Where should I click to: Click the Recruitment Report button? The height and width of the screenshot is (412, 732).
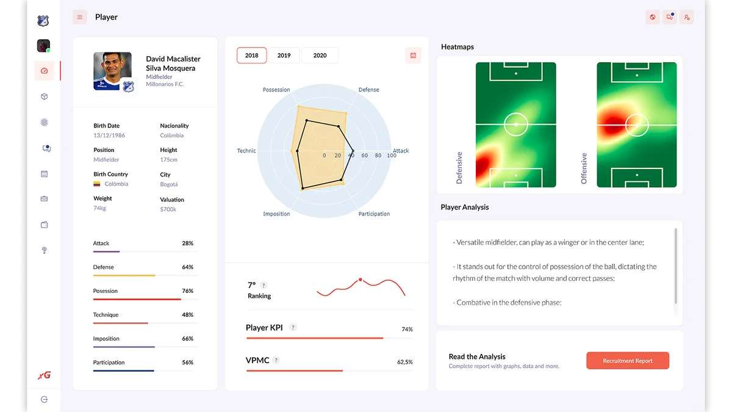(x=627, y=361)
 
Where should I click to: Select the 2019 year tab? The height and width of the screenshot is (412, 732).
(x=284, y=56)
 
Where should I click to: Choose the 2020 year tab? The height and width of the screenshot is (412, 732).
(x=320, y=56)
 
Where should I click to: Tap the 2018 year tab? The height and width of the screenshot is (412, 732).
(x=251, y=56)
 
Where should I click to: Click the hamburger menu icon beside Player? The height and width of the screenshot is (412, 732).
(x=79, y=17)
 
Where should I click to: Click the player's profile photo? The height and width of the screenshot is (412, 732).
(x=113, y=71)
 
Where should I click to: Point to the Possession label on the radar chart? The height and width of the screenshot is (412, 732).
(x=276, y=90)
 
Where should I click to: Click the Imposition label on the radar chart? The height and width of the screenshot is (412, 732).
(x=276, y=214)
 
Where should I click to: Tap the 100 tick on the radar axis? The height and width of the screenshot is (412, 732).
(x=392, y=156)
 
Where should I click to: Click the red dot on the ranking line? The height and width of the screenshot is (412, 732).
(x=360, y=280)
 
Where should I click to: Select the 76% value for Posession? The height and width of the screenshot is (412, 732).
(x=187, y=291)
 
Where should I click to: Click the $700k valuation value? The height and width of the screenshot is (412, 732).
(x=168, y=209)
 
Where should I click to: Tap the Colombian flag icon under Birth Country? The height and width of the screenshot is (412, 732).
(x=97, y=184)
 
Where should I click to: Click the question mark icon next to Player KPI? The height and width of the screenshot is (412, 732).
(x=293, y=328)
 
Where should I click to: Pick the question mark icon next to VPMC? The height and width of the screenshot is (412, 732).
(x=276, y=360)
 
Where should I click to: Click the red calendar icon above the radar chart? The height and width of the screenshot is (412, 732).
(x=413, y=56)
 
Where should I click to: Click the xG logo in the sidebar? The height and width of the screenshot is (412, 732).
(x=44, y=375)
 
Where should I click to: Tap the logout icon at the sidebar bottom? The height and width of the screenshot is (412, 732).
(x=44, y=399)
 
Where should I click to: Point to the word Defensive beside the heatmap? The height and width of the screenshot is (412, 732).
(x=459, y=168)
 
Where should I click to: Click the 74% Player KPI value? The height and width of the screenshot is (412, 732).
(x=407, y=330)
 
